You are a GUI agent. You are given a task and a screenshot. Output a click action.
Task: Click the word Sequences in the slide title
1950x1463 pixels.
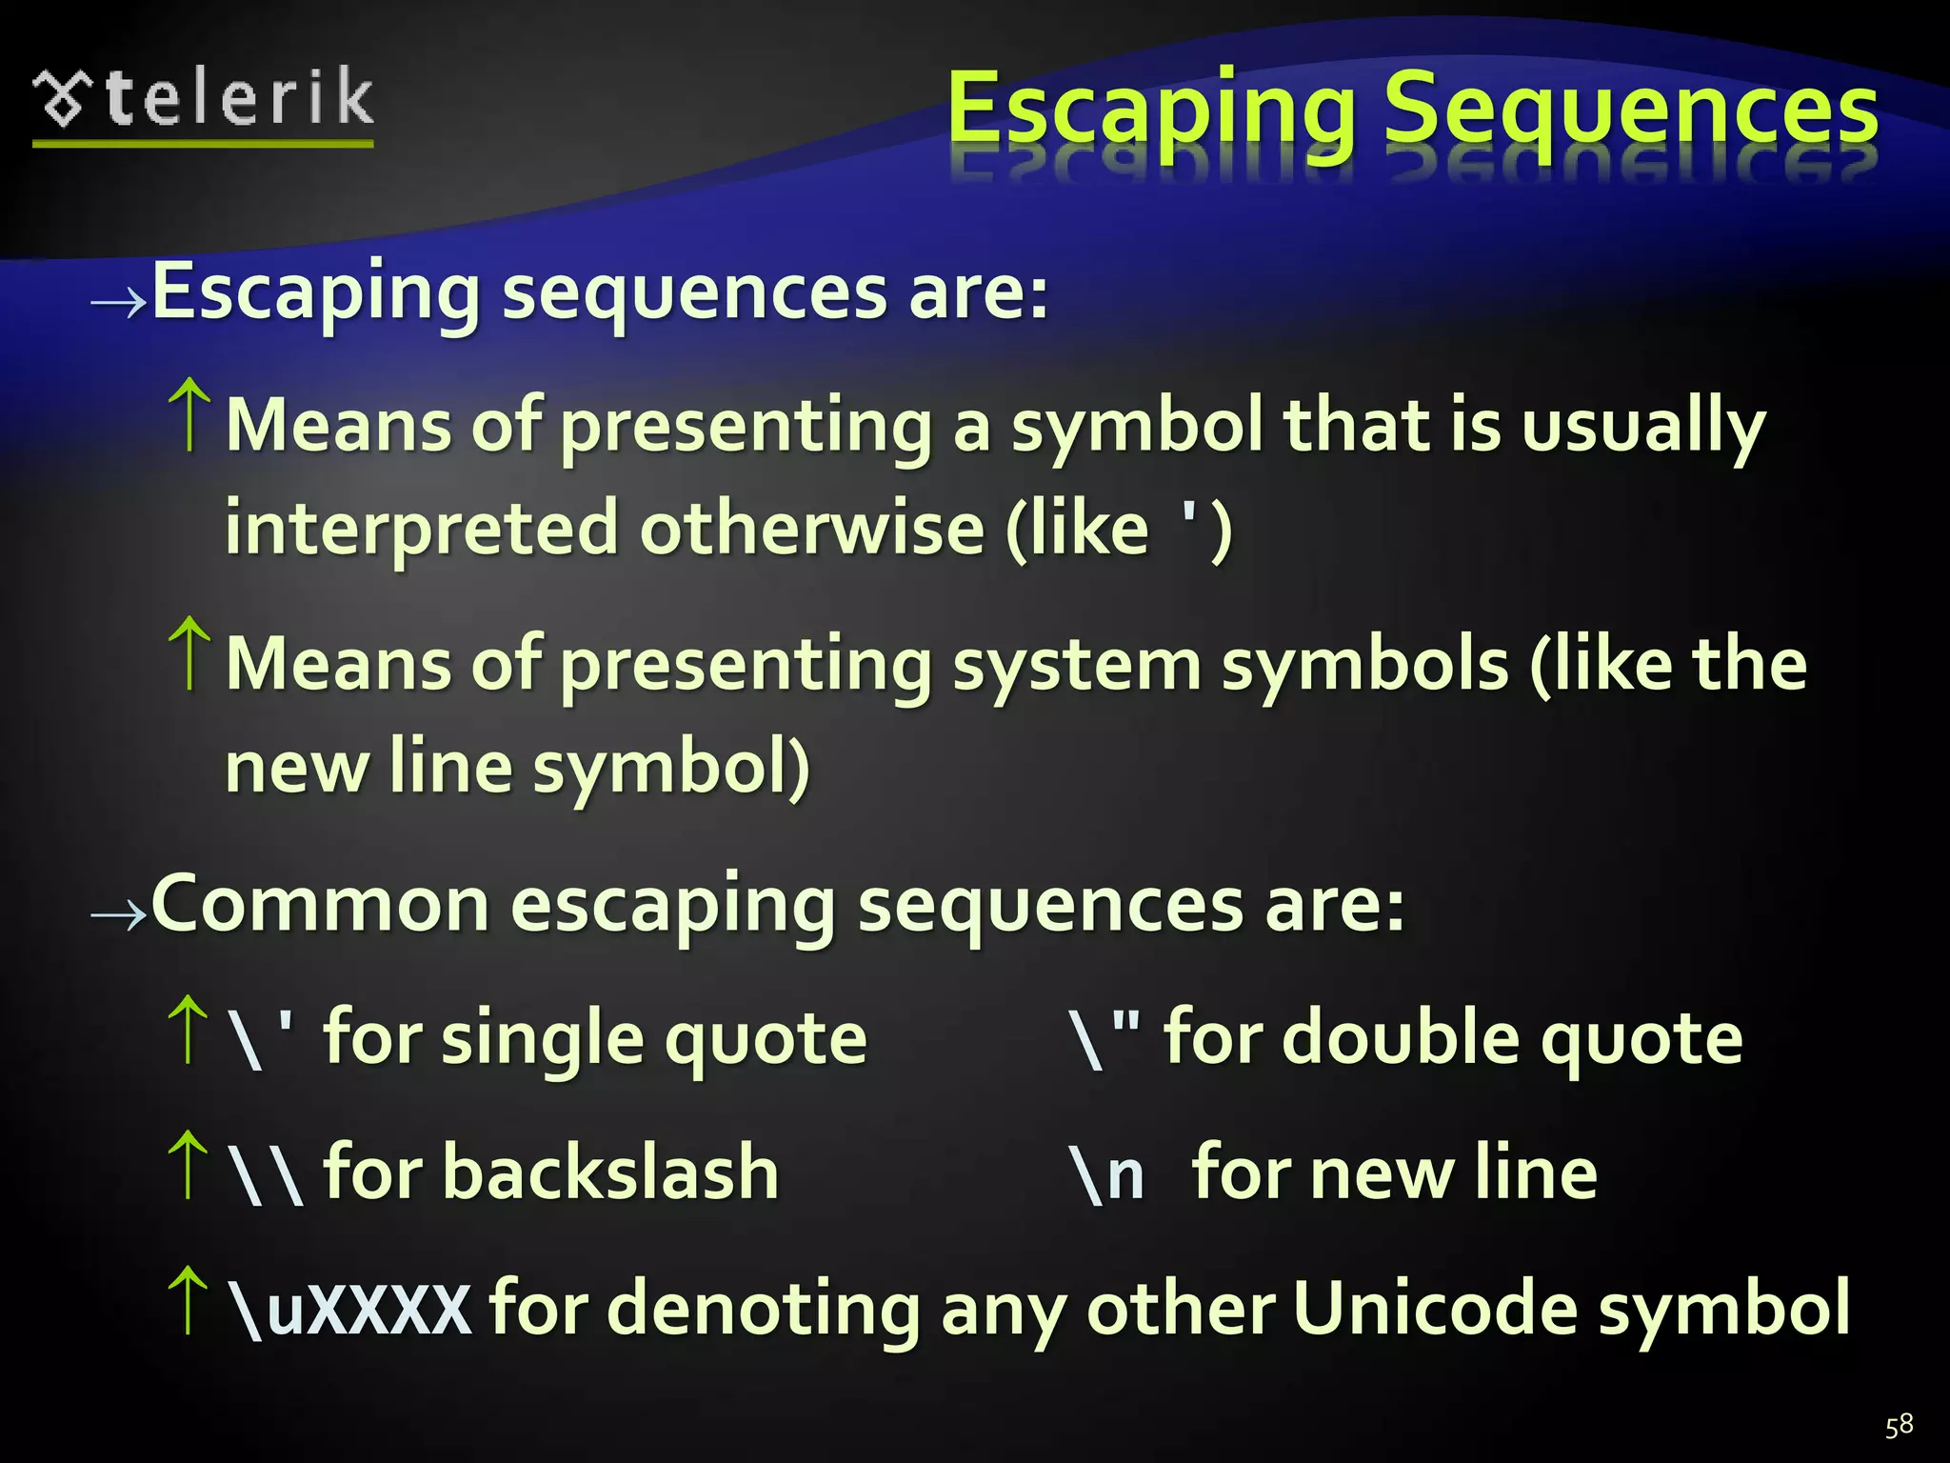pos(1630,112)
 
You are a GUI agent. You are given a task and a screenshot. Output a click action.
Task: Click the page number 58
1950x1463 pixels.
pos(1899,1425)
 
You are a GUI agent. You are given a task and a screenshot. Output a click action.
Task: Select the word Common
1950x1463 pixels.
pos(320,905)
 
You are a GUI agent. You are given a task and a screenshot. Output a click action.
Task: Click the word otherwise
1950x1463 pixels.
pos(811,529)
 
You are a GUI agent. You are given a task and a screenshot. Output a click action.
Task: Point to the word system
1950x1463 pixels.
pos(1076,665)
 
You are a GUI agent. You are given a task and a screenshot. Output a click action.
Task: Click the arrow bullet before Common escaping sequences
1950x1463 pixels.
pos(118,915)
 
